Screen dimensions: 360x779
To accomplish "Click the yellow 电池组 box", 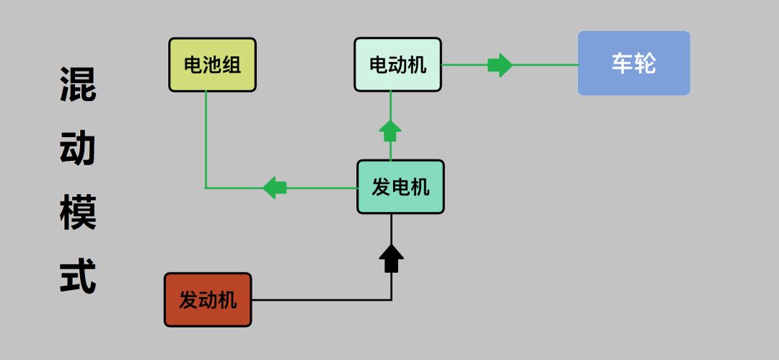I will tap(212, 65).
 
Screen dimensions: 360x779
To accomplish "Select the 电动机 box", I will tap(397, 65).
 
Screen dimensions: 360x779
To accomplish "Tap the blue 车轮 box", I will tap(633, 63).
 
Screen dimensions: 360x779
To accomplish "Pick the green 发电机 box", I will tap(400, 187).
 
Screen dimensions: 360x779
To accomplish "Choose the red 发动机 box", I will tap(208, 299).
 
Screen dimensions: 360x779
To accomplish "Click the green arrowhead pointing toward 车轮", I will tap(500, 65).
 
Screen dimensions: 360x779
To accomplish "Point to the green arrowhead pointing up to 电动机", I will tap(390, 131).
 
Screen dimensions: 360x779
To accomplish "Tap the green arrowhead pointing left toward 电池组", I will tap(275, 188).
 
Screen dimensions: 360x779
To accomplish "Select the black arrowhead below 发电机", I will tap(391, 258).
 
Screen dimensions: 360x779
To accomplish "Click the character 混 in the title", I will tap(77, 85).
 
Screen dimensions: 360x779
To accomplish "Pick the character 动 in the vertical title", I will tap(77, 149).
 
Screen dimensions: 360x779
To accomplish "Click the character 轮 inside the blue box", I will tap(645, 63).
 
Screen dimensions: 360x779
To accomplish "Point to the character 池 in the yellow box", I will tap(212, 66).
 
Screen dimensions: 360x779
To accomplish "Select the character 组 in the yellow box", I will tap(231, 66).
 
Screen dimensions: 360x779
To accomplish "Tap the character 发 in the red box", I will tap(188, 300).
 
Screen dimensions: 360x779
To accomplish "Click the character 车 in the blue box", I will tap(622, 63).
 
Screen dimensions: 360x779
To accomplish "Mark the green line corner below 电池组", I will tap(206, 188).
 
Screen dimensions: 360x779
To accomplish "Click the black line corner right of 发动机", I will tap(391, 299).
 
